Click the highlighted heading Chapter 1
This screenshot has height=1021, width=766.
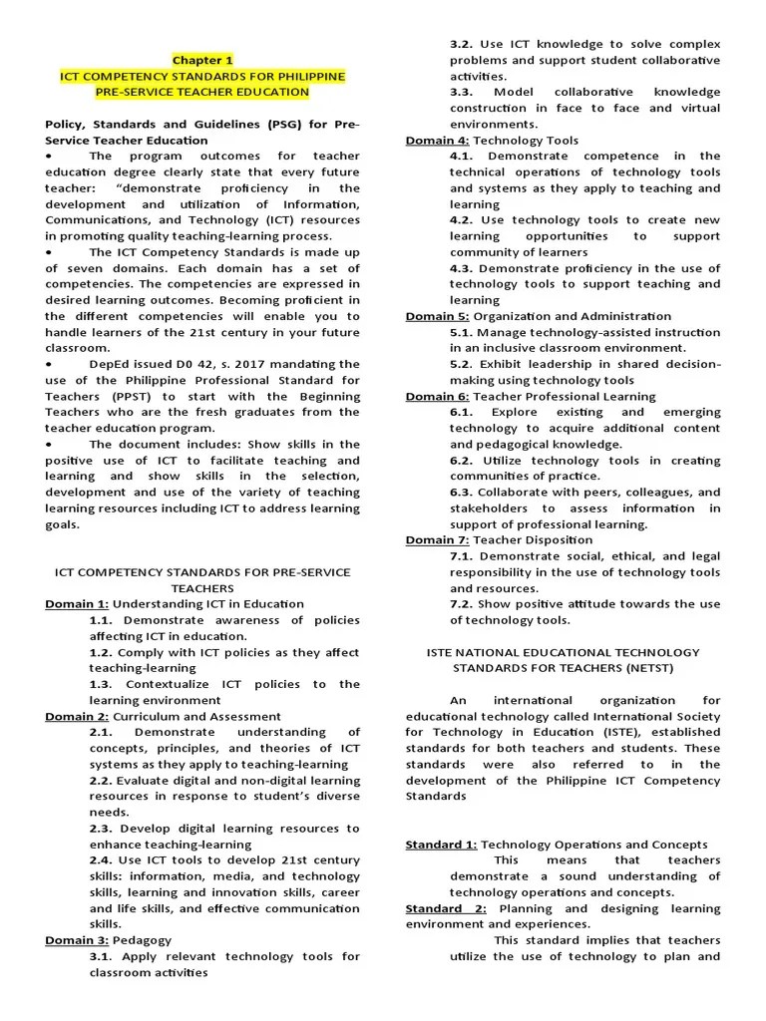tap(203, 60)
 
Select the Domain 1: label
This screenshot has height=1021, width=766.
tap(77, 603)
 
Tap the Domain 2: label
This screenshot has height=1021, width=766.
tap(77, 716)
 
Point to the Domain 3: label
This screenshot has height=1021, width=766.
tap(77, 939)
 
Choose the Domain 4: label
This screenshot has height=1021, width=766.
tap(437, 141)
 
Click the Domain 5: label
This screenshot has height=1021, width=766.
tap(437, 316)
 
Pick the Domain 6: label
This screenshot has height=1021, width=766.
tap(437, 396)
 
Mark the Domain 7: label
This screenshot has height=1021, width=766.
tap(437, 539)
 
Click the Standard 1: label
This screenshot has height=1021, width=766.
tap(441, 844)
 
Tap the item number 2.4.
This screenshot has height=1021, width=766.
tap(101, 859)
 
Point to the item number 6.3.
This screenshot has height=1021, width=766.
tap(461, 492)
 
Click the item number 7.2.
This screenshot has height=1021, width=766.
tap(461, 603)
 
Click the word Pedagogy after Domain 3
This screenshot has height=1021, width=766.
tap(143, 939)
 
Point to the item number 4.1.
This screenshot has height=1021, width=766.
tap(461, 157)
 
